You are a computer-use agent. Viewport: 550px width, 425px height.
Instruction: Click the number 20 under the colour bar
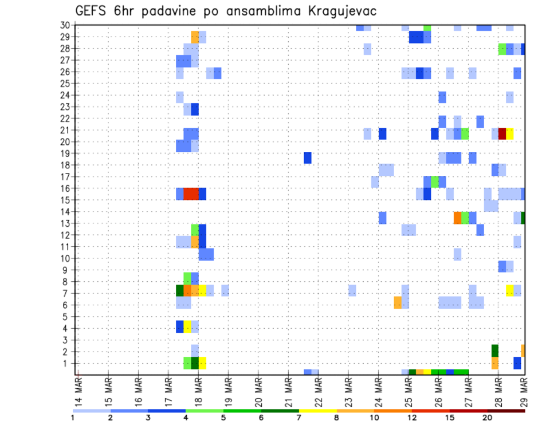coord(488,418)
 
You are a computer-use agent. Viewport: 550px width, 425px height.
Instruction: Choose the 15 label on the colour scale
coord(450,418)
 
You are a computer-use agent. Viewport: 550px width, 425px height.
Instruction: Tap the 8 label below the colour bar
coord(337,418)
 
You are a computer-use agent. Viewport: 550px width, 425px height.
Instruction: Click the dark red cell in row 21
coord(502,133)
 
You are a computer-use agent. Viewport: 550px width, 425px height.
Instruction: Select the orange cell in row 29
coord(195,37)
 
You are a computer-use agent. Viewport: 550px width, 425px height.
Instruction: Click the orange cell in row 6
coord(398,302)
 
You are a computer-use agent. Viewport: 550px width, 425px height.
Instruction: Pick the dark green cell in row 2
coord(495,350)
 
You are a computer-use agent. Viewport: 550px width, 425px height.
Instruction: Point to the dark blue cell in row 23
coord(195,109)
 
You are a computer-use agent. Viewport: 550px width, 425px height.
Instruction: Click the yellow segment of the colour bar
coord(318,410)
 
